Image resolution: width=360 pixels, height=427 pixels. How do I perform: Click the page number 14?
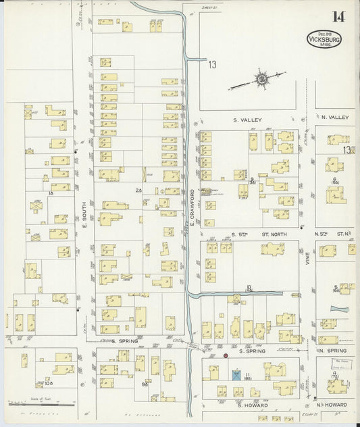pyautogui.click(x=338, y=16)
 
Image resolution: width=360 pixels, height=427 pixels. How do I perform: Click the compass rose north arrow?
pyautogui.click(x=260, y=80)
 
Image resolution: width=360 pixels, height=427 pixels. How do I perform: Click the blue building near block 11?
pyautogui.click(x=236, y=374)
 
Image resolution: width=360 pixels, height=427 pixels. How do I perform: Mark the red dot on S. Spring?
pyautogui.click(x=225, y=355)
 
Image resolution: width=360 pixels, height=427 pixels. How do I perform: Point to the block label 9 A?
pyautogui.click(x=145, y=384)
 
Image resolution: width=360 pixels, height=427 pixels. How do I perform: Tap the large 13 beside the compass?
pyautogui.click(x=213, y=65)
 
